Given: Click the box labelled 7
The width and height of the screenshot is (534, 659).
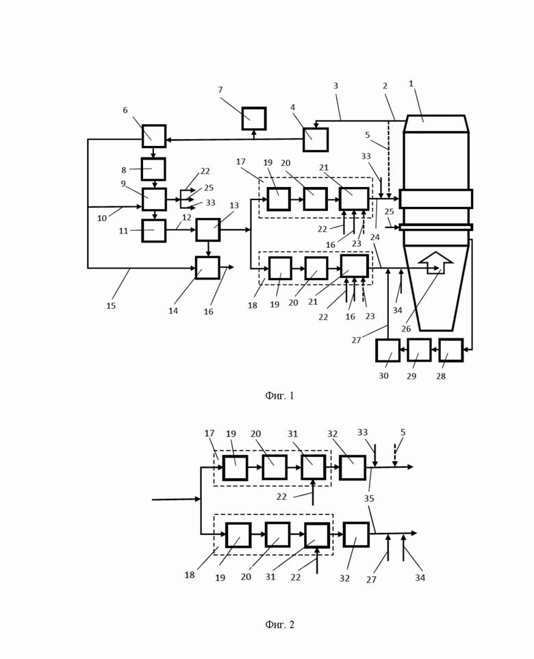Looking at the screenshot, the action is click(254, 119).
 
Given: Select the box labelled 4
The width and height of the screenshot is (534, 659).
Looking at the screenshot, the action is click(316, 140).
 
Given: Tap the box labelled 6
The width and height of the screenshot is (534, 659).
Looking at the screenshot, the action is click(154, 136).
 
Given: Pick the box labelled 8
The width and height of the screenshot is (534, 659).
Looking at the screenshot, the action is click(153, 169).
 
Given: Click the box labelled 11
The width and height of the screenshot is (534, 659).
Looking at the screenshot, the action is click(154, 230).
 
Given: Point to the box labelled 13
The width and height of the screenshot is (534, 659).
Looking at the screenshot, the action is click(208, 229).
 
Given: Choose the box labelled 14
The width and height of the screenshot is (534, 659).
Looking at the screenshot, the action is click(207, 268).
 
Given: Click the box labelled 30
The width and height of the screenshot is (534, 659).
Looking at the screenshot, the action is click(387, 350).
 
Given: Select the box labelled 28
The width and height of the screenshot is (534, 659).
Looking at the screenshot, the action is click(450, 350).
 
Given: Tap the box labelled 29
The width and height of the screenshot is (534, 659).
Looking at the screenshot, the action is click(419, 350).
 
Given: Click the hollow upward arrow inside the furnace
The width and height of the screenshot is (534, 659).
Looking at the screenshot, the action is click(436, 262).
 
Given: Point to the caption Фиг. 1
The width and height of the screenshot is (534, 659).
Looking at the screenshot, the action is click(279, 395).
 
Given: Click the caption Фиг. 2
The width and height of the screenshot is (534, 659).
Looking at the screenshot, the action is click(279, 625).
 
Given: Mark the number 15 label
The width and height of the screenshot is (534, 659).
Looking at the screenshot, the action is click(111, 306).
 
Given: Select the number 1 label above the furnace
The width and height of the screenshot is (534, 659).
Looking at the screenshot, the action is click(411, 84).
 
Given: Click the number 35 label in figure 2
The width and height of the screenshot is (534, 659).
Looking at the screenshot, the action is click(369, 499).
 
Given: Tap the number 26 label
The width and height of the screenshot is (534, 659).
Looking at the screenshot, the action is click(406, 329).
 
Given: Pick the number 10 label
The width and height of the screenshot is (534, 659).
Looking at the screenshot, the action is click(102, 218).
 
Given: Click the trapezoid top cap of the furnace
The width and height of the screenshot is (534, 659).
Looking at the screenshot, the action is click(435, 123).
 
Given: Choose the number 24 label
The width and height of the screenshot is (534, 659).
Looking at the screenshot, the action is click(374, 238).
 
